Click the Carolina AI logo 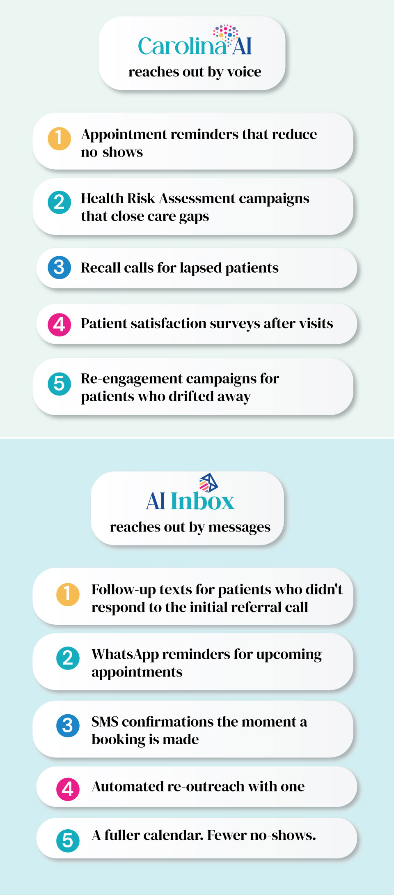[x=195, y=41]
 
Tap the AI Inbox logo [x=190, y=492]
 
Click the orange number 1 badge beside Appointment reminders [x=60, y=138]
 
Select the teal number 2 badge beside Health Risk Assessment [x=60, y=202]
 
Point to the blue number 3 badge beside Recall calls [x=60, y=267]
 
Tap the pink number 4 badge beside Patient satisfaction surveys [x=60, y=324]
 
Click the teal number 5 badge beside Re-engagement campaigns [x=60, y=384]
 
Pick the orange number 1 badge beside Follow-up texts [x=68, y=594]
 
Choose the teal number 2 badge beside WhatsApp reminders [x=68, y=658]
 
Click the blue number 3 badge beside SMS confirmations [x=68, y=726]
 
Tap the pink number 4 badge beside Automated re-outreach [x=68, y=789]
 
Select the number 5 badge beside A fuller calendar [x=68, y=840]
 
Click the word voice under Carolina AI [x=244, y=72]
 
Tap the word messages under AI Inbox [x=240, y=527]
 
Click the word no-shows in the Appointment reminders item [x=112, y=152]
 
